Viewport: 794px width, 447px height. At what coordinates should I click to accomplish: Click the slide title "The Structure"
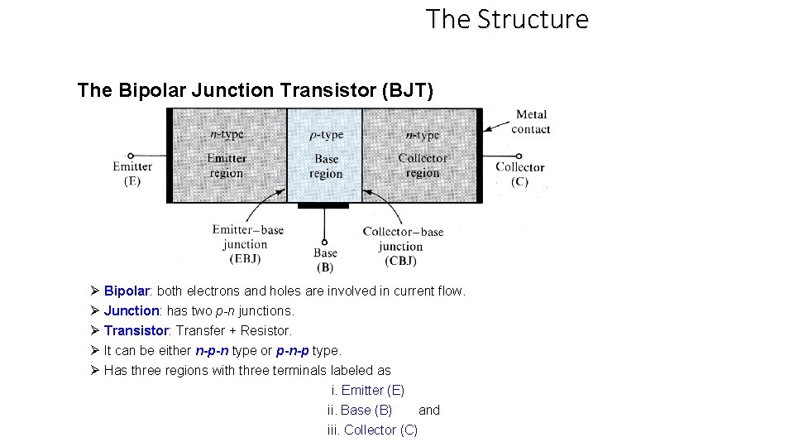507,19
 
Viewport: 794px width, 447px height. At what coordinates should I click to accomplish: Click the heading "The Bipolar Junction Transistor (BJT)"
255,90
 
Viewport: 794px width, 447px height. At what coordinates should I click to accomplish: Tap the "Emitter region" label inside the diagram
226,166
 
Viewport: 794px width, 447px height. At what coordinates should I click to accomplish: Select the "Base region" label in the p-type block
326,166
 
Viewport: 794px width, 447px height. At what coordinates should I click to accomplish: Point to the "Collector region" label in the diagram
423,166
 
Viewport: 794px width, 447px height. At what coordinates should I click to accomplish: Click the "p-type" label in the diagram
326,135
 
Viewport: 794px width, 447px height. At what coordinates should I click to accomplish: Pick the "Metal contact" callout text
531,122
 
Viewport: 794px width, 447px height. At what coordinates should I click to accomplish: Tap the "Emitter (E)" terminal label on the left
132,174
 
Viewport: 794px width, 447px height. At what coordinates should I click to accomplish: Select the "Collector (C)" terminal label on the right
519,174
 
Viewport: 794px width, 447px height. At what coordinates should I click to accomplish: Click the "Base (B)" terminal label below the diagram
325,260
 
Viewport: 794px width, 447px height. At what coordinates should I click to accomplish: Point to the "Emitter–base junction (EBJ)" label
246,244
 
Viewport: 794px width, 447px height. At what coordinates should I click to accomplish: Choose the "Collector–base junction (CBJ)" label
402,246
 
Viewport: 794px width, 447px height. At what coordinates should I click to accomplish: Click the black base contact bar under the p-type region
324,205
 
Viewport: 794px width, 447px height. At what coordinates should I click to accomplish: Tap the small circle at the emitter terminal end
130,155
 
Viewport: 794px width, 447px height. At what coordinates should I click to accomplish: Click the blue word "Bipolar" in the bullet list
127,291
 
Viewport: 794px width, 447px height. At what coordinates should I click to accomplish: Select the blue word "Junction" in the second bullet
132,311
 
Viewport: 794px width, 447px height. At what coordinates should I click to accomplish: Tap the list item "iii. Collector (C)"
372,430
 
